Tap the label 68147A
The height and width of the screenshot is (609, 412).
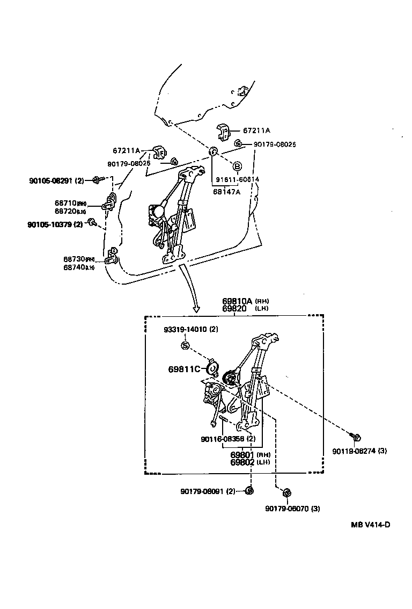pos(226,191)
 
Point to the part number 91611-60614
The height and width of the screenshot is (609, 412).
pos(237,179)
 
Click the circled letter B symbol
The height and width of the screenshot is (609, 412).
pos(237,166)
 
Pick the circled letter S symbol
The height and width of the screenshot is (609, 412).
pos(184,345)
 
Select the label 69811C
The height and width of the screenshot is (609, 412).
pos(184,369)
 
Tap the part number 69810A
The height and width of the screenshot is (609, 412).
pos(238,301)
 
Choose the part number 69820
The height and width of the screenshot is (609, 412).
pos(234,308)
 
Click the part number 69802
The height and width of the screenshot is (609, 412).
pos(242,462)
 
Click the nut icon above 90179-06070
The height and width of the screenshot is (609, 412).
pos(286,492)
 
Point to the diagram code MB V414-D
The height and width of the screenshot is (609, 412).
pos(370,524)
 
